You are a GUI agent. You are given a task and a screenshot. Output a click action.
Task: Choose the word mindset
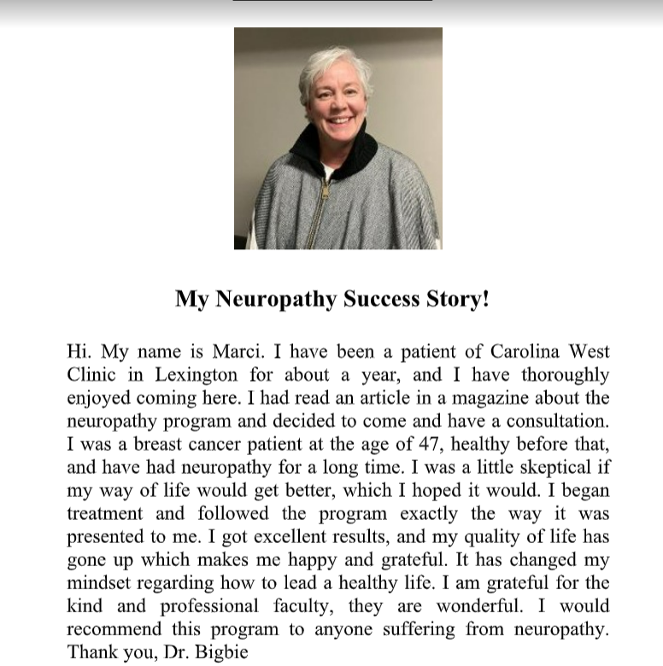[101, 583]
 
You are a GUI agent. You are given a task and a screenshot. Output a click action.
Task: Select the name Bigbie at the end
[225, 652]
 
